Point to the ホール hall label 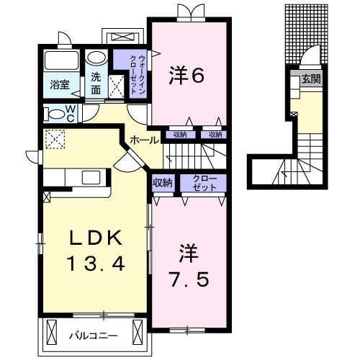pyautogui.click(x=144, y=140)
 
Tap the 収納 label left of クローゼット pyautogui.click(x=163, y=183)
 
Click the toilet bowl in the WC pyautogui.click(x=54, y=112)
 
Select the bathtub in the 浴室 pyautogui.click(x=61, y=60)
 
